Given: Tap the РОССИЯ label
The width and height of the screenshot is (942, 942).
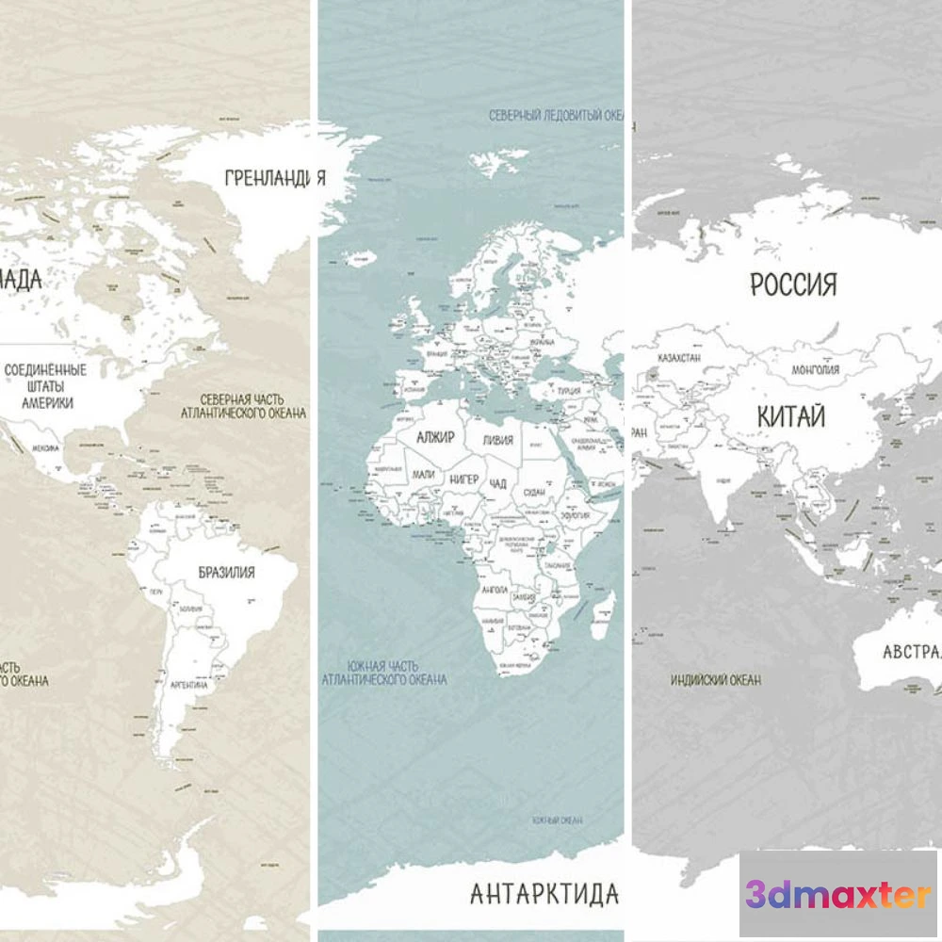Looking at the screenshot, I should pos(793,284).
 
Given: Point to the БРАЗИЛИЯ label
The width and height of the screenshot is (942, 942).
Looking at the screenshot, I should pos(226,572).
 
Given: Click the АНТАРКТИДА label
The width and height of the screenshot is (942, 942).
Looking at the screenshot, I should pos(544,892).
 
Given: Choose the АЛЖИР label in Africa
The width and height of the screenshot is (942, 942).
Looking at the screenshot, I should pos(435,438).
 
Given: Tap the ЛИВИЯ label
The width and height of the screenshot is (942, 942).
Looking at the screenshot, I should pos(497,440).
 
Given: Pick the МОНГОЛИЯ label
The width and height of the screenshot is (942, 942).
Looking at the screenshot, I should pos(816,369).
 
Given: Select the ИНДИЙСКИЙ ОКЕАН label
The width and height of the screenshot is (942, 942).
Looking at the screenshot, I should pos(716,679).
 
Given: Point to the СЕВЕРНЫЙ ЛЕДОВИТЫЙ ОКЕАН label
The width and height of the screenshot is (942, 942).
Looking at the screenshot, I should pos(556,115).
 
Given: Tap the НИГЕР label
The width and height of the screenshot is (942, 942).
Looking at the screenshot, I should pos(463,479).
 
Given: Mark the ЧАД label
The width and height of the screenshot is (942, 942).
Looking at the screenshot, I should pos(498,484).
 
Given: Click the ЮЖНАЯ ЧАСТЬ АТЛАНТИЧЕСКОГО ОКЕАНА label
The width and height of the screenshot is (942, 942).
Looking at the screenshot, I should pos(384,672).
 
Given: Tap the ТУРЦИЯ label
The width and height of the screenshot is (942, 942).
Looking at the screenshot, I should pos(568,391).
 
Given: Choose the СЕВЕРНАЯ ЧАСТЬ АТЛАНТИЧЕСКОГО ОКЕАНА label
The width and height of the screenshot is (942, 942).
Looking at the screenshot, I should pos(243,405).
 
